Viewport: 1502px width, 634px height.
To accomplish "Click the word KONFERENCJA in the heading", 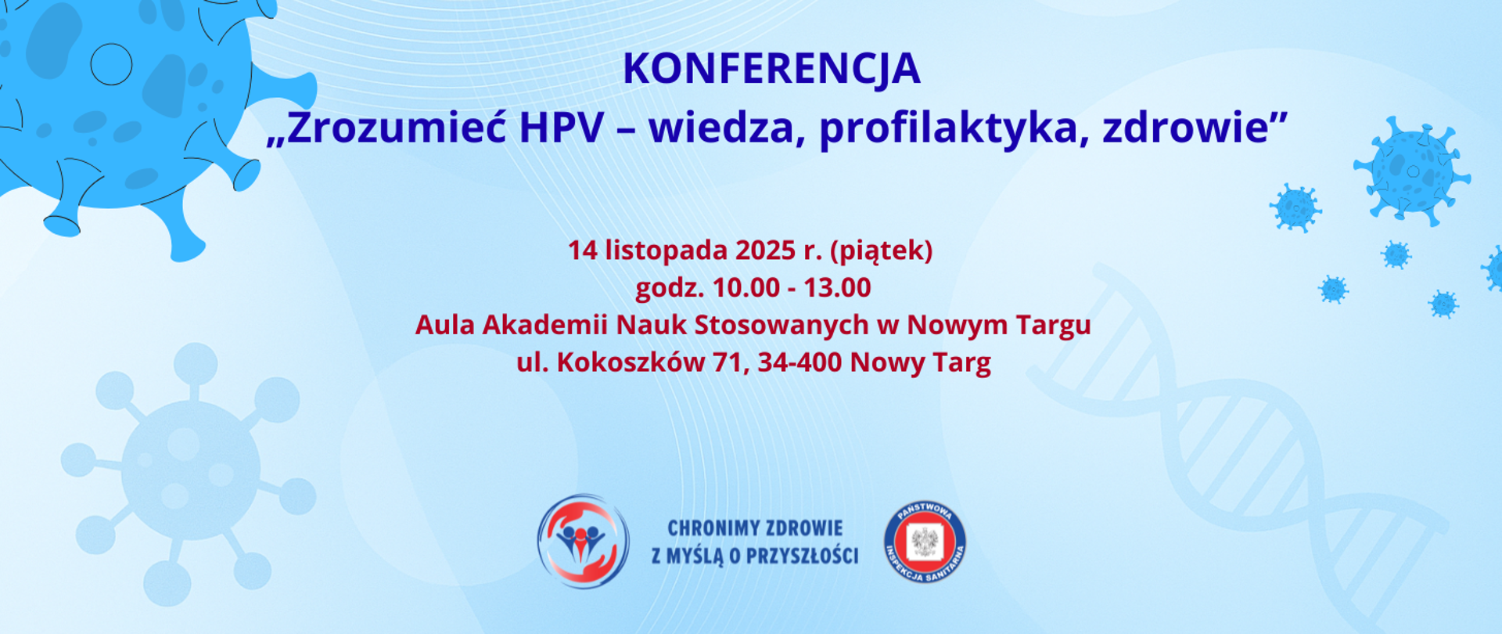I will [x=771, y=70].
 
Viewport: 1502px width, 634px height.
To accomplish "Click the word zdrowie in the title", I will [x=1186, y=128].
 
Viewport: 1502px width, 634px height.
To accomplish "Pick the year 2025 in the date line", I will [x=765, y=250].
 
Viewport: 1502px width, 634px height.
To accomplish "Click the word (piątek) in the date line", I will [x=881, y=250].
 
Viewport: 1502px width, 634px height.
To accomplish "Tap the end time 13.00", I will [x=837, y=288].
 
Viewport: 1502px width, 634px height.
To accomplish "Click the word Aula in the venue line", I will [x=444, y=325].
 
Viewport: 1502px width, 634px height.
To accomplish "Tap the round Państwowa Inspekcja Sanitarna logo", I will [x=925, y=542].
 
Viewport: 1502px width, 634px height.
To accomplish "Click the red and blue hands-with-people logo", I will [x=583, y=541].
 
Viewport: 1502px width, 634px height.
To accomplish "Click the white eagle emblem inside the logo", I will [x=925, y=542].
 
